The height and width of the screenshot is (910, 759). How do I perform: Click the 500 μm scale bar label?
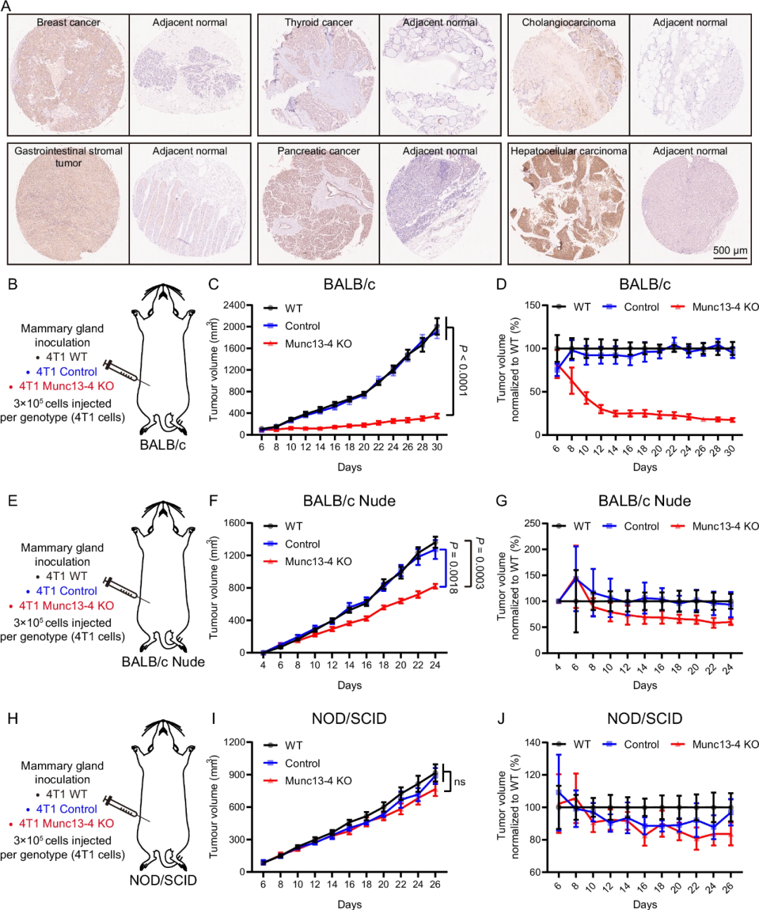730,251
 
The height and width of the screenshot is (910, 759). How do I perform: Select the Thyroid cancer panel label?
318,22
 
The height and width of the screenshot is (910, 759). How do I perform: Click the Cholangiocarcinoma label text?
569,22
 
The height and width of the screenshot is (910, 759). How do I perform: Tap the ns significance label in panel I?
460,782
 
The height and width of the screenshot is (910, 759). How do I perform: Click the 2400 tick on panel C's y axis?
235,305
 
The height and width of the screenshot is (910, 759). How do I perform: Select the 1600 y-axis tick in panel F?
235,523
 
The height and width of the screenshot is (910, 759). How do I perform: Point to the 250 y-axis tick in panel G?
532,523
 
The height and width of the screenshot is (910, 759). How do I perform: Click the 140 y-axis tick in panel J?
532,742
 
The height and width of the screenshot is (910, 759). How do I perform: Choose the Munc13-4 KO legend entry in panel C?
318,344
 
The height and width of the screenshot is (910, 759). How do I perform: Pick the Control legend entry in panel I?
302,763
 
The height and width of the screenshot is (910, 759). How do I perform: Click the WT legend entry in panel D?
581,307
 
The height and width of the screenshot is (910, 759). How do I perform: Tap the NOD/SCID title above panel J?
644,719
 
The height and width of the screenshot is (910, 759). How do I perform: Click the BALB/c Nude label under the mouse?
163,662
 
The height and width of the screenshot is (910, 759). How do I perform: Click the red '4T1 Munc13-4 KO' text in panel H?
66,824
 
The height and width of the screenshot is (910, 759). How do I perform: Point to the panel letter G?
501,501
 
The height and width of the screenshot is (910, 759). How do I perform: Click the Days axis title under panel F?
349,685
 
